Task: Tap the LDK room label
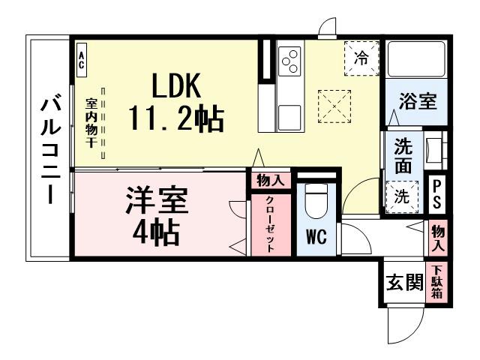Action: [176, 88]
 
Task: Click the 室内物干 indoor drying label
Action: [89, 123]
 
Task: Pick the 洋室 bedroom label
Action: [156, 201]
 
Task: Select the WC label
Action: [314, 237]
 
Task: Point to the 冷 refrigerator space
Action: [361, 58]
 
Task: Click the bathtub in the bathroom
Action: [415, 58]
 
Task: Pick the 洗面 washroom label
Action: [403, 156]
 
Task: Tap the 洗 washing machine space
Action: [402, 196]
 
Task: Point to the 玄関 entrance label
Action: [403, 283]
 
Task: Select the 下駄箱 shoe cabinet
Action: [436, 283]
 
